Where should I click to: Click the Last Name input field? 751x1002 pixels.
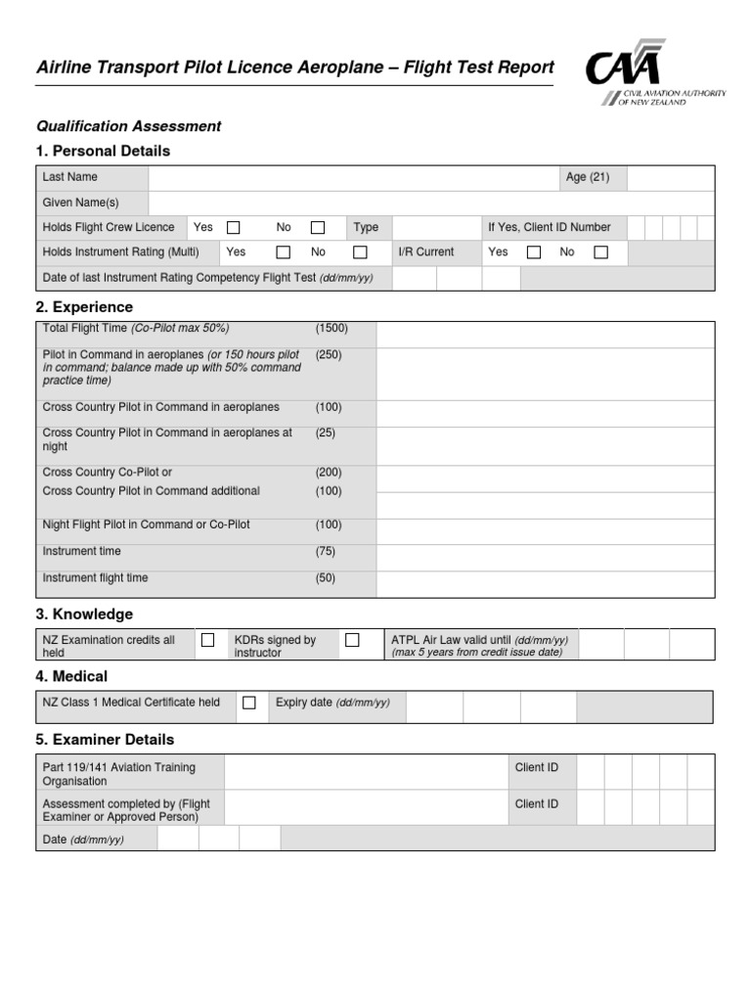[352, 178]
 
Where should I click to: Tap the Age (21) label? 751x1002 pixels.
[587, 178]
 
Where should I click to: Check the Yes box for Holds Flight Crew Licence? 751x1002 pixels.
[234, 228]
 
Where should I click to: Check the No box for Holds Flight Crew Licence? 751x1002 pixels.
[318, 228]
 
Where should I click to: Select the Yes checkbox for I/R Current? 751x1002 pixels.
[533, 252]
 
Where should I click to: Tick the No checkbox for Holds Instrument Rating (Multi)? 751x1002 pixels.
[360, 252]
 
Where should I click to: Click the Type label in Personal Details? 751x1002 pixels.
[366, 228]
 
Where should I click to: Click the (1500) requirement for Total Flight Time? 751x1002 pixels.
[331, 329]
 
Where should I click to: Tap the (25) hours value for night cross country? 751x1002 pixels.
[325, 433]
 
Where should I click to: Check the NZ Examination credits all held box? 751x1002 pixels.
[207, 640]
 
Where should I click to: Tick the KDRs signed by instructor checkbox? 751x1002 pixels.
[352, 640]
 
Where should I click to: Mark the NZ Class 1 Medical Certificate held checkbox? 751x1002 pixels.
[249, 703]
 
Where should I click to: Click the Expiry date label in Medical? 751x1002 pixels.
[332, 703]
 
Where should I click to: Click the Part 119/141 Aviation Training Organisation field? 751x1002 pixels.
[366, 772]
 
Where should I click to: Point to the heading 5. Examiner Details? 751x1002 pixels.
[105, 740]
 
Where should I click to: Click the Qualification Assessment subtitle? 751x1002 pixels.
[128, 126]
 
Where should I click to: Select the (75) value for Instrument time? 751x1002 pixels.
[325, 552]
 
